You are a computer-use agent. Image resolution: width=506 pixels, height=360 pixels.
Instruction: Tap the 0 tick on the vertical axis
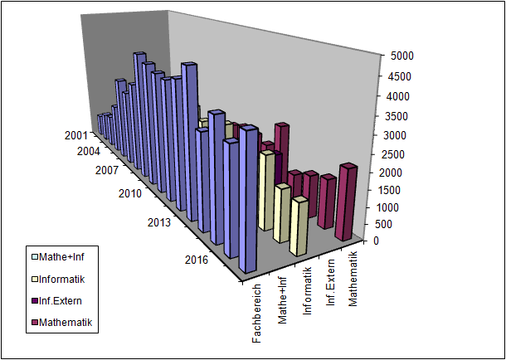click(x=377, y=241)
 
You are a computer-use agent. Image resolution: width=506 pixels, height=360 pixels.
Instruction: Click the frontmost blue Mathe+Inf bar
click(x=248, y=203)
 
